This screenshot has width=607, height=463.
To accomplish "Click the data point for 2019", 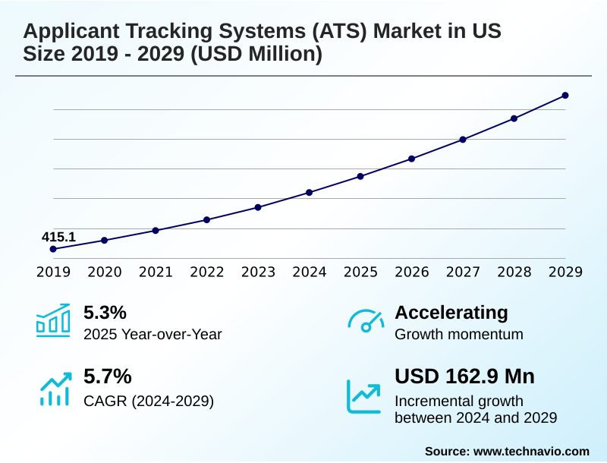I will coord(53,249).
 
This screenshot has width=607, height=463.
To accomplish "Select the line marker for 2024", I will coord(310,192).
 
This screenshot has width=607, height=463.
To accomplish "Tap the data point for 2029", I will coord(565,95).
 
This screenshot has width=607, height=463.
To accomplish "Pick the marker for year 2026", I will coord(412,159).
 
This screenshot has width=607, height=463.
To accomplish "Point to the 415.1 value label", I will coord(58,237).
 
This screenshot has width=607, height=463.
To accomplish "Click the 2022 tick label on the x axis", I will coord(206,272).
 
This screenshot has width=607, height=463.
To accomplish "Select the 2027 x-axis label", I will coord(463,272).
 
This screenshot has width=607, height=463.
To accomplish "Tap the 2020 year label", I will coord(105,272).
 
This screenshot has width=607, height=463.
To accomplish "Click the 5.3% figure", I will coord(105,312).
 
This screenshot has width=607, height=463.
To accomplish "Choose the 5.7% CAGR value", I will coord(107,376).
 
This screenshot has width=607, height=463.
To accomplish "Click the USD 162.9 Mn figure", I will coord(465,376).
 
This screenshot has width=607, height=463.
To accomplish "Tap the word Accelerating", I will coord(451,312).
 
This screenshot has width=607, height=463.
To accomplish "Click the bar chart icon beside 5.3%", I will coord(53,320).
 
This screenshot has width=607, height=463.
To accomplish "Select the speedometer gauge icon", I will coord(366,320).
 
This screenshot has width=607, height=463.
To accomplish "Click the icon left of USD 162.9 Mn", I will coord(363,395).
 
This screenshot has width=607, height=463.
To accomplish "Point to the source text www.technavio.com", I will coord(531,451).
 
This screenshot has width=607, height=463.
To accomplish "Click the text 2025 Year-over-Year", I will coord(153,334).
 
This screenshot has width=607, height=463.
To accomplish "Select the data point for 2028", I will coord(514,118).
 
